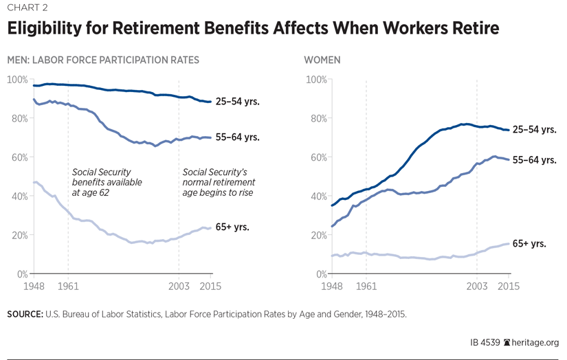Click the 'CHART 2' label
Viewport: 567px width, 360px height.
coord(25,8)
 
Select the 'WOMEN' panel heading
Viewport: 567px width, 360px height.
coord(322,60)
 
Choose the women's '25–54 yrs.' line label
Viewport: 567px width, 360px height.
coord(534,129)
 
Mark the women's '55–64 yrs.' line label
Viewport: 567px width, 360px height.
coord(534,159)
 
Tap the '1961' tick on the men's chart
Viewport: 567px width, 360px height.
coord(68,284)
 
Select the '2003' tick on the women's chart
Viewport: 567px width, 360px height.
coord(477,284)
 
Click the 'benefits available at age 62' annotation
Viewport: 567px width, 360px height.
coord(107,182)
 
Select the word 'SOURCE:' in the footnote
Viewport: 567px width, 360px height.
coord(25,314)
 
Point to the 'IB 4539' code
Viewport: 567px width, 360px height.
coord(485,341)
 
